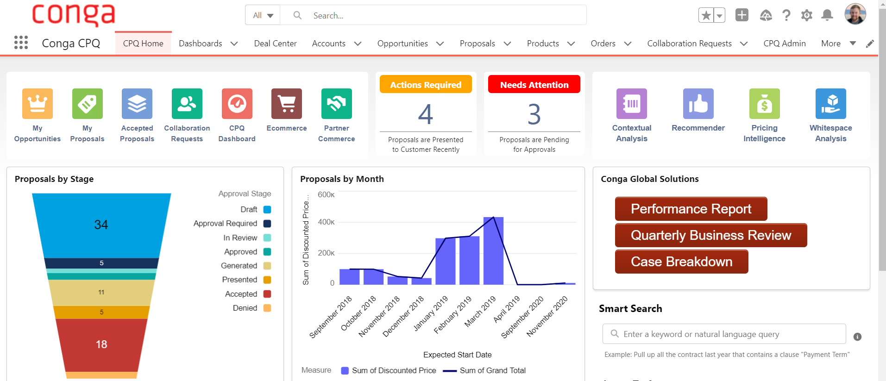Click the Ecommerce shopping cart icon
287,104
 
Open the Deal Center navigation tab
275,44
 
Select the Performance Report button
691,209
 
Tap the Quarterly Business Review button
710,235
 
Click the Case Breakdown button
681,262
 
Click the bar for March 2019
493,251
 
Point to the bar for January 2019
445,262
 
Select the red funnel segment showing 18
101,344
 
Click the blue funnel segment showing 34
101,225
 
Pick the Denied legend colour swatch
267,308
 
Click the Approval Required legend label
225,224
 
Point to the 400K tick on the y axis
326,222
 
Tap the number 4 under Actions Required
426,114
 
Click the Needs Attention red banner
534,85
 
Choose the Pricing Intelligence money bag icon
764,104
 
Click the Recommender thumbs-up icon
698,104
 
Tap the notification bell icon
827,15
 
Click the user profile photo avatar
855,14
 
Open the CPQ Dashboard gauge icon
237,104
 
